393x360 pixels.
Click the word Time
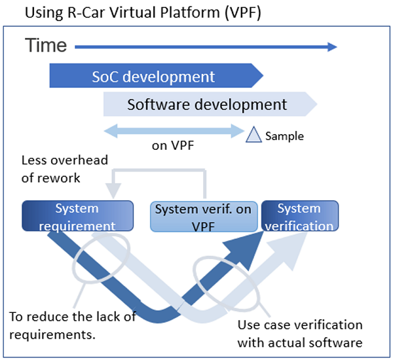(x=47, y=45)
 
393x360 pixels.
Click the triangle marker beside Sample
(x=253, y=135)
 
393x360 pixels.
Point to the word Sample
(x=284, y=136)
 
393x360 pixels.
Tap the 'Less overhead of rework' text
(x=64, y=169)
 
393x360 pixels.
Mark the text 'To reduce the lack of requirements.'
(x=72, y=325)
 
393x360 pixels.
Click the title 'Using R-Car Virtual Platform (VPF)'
(x=135, y=13)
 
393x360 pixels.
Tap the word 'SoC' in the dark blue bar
(x=105, y=76)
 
